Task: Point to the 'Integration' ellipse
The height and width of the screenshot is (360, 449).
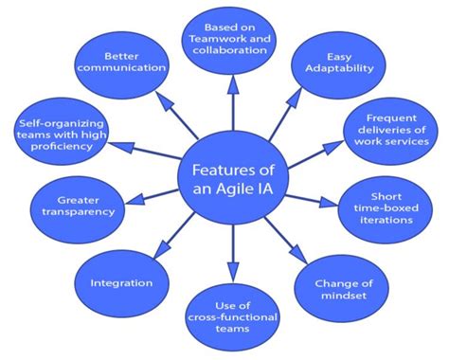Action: tap(121, 282)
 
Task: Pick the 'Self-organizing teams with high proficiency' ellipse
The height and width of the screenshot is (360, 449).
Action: tap(64, 132)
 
